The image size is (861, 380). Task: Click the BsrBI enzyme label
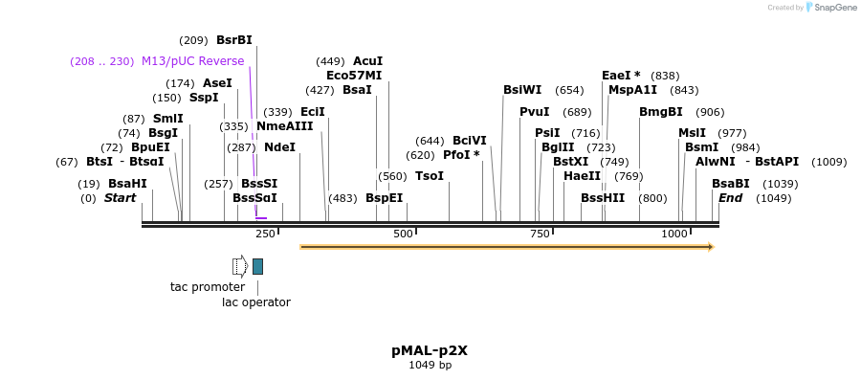tap(234, 40)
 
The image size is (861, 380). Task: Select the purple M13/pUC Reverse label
tap(192, 61)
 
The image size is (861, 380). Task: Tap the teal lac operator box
tap(257, 266)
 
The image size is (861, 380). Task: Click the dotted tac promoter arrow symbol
tap(240, 266)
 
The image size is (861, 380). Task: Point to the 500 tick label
tap(403, 234)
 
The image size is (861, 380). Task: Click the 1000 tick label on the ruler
tap(674, 234)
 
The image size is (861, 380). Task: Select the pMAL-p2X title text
tap(430, 350)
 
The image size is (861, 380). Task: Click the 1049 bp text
tap(430, 365)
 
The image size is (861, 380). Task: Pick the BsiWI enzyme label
tap(522, 90)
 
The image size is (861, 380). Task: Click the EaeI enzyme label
tap(621, 76)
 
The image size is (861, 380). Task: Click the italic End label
tap(730, 198)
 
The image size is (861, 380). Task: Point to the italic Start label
tap(121, 198)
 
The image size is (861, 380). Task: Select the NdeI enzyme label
tap(279, 147)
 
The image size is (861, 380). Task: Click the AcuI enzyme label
tap(367, 61)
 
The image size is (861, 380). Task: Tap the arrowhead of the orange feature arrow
tap(710, 247)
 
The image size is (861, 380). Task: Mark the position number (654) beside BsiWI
tap(569, 90)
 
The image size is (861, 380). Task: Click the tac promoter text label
tap(208, 287)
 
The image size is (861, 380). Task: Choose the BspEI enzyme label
tap(384, 198)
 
